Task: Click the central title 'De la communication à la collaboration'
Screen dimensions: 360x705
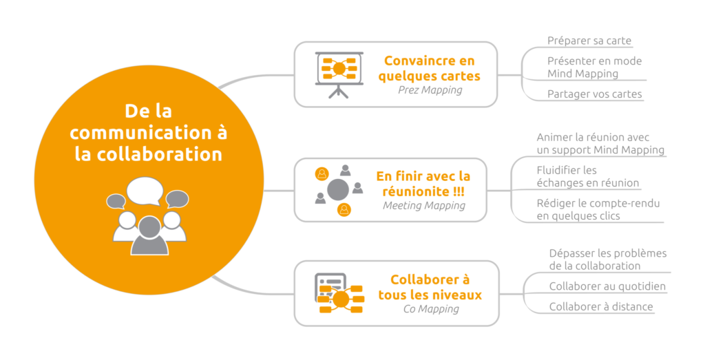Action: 149,132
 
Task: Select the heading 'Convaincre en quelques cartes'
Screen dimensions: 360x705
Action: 429,68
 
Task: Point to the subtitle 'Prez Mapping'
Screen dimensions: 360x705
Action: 430,89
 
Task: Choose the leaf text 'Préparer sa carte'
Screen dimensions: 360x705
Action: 589,41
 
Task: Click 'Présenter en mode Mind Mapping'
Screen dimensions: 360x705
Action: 594,67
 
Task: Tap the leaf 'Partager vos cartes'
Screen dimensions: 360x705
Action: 594,94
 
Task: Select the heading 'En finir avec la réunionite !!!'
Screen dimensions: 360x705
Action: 423,184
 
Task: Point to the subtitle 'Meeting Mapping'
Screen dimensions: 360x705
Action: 423,205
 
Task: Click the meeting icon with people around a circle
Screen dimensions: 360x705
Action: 338,189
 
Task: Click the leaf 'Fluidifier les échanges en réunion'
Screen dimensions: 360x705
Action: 587,176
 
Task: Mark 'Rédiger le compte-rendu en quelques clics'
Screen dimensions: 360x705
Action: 598,209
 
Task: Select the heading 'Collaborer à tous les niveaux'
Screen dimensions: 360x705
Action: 430,287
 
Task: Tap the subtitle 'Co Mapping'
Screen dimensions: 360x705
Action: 430,308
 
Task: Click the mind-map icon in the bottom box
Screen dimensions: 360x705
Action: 339,293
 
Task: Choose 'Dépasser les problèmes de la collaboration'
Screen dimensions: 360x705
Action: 607,259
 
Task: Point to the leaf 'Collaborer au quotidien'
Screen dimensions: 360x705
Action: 607,286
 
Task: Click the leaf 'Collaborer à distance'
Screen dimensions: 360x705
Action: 600,306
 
